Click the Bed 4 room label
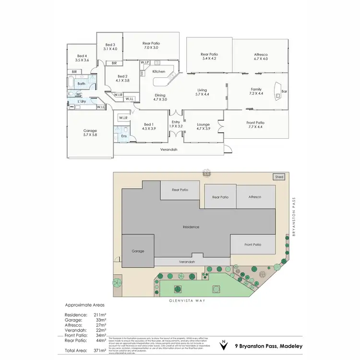pos(82,58)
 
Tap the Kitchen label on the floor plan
pos(158,72)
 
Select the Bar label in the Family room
pos(284,91)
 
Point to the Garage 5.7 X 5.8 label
pos(90,133)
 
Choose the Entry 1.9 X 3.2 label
pos(175,124)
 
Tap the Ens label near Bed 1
pos(124,136)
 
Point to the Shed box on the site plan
pos(279,177)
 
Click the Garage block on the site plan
pos(138,251)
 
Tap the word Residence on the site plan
pos(191,227)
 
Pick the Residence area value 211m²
pos(99,314)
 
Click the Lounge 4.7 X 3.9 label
pos(204,127)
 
